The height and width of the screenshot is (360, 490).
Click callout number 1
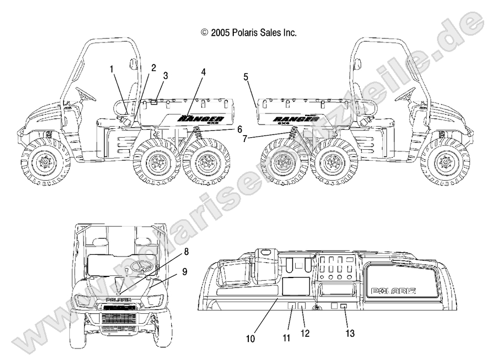[111, 68]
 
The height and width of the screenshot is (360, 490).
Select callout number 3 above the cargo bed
[166, 76]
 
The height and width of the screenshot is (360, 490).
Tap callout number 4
[204, 71]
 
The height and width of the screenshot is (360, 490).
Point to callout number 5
[245, 77]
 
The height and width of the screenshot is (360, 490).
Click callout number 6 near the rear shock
[225, 129]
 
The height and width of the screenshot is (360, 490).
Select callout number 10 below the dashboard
[251, 338]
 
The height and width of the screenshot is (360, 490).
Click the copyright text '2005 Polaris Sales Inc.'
[249, 33]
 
